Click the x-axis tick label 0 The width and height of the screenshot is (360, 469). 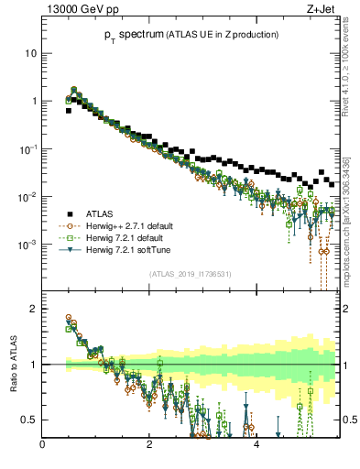(x=43, y=444)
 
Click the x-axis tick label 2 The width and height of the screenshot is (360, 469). (x=149, y=444)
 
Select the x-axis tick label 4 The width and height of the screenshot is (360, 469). (x=256, y=444)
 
